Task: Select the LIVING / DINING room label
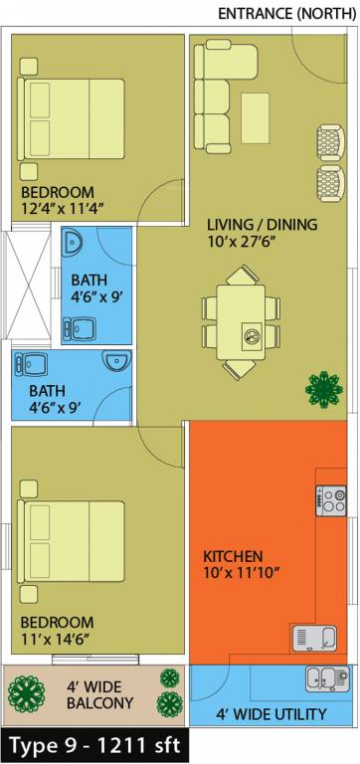(x=262, y=225)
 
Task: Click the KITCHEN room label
(x=233, y=555)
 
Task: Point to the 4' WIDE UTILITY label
(x=271, y=714)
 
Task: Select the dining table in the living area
(x=241, y=320)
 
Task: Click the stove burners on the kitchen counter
(x=332, y=500)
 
